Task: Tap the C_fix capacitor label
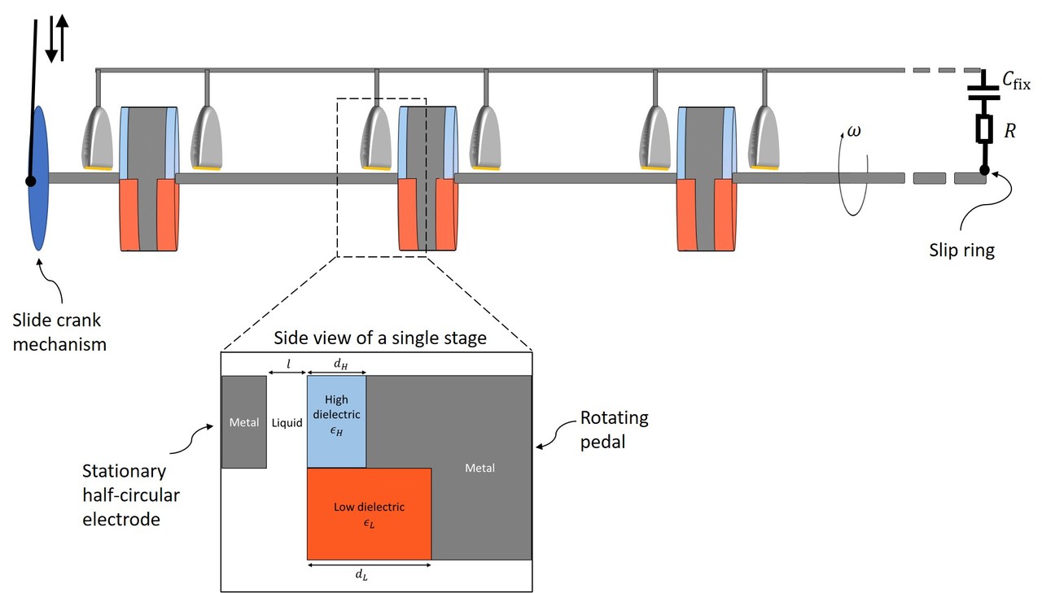click(x=1015, y=81)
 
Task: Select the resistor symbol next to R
click(x=984, y=129)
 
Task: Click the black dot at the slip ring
click(x=984, y=170)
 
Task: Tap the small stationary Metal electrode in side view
click(x=243, y=421)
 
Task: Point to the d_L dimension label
click(x=360, y=575)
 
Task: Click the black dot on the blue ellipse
click(x=31, y=181)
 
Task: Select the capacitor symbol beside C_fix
click(x=984, y=89)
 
